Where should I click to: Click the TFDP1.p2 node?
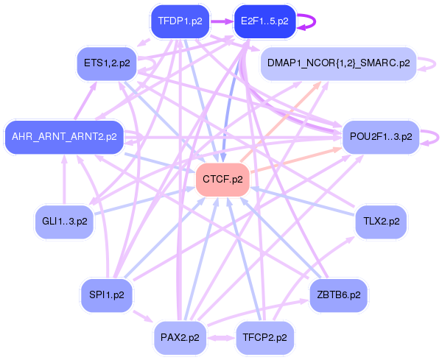180,21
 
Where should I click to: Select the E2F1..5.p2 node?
264,21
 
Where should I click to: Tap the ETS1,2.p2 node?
107,63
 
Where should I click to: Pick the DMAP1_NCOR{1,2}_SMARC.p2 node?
338,63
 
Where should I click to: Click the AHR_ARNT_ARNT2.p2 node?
64,137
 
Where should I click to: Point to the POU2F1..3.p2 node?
381,137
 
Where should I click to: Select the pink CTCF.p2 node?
222,180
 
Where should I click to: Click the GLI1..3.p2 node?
64,222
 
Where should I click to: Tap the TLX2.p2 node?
381,222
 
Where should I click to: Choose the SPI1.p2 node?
107,295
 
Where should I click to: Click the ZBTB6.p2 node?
339,295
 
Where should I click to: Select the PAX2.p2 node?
180,338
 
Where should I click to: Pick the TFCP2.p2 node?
264,338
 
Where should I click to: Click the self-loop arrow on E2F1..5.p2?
315,21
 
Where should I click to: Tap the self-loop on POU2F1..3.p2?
438,138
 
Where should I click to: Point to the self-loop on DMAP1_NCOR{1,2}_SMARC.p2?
435,63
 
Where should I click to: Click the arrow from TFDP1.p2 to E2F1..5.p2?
222,21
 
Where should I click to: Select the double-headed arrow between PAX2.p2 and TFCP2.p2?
221,338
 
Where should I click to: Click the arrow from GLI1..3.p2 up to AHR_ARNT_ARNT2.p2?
64,180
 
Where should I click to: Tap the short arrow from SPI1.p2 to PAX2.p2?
143,317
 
